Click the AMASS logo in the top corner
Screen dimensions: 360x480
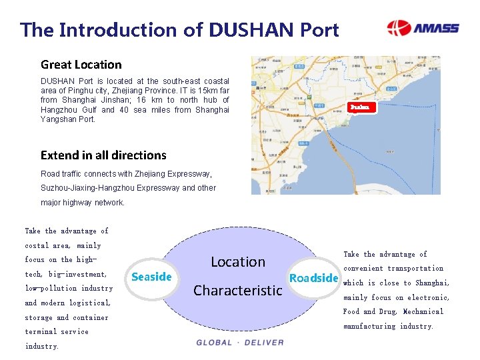423,28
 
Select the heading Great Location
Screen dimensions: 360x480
81,65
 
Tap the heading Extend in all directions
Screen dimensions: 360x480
103,155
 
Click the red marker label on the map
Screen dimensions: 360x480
360,107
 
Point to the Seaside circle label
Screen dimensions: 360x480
152,277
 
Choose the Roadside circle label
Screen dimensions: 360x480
313,278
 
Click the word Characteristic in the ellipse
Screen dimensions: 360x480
237,291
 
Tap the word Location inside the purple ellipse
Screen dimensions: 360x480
238,262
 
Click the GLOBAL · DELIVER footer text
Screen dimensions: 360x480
240,343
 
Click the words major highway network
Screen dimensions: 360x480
83,203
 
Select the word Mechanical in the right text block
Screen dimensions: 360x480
423,312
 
